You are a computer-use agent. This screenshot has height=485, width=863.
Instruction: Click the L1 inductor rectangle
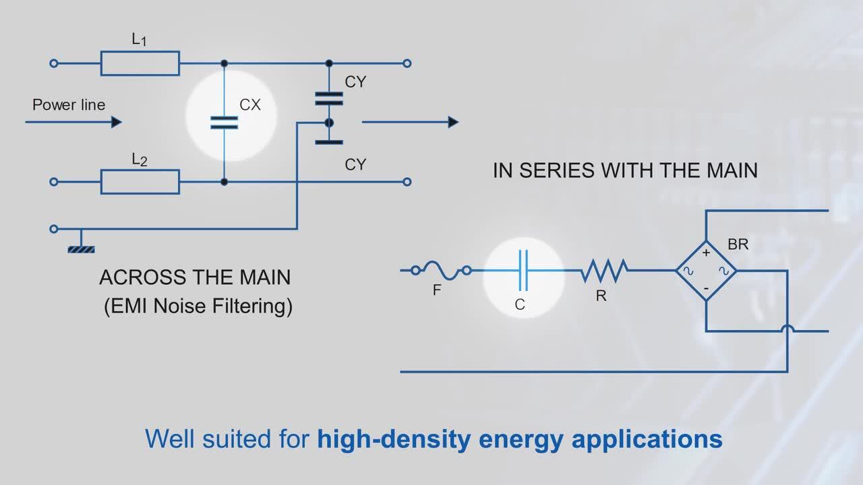pyautogui.click(x=140, y=63)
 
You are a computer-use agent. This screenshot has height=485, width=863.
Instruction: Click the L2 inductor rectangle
pyautogui.click(x=140, y=182)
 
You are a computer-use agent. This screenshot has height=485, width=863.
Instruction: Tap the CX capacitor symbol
pyautogui.click(x=224, y=122)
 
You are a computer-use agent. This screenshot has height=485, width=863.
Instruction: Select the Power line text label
pyautogui.click(x=69, y=105)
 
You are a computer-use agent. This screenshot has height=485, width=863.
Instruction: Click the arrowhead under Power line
pyautogui.click(x=116, y=122)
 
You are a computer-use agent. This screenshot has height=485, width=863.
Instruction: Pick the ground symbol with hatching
pyautogui.click(x=81, y=249)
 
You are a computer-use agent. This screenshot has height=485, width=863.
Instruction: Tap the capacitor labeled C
pyautogui.click(x=523, y=271)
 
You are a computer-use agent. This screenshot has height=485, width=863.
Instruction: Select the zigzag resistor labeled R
pyautogui.click(x=605, y=271)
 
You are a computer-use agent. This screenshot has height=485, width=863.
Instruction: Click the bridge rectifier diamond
pyautogui.click(x=706, y=271)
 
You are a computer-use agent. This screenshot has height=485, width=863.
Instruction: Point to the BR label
pyautogui.click(x=738, y=245)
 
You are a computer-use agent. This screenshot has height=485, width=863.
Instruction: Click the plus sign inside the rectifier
pyautogui.click(x=706, y=254)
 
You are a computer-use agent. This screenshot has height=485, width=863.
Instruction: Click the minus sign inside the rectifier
pyautogui.click(x=706, y=288)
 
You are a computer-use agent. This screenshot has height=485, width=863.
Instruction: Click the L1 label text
pyautogui.click(x=139, y=40)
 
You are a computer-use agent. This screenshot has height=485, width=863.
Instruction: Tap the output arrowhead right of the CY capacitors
pyautogui.click(x=453, y=122)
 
